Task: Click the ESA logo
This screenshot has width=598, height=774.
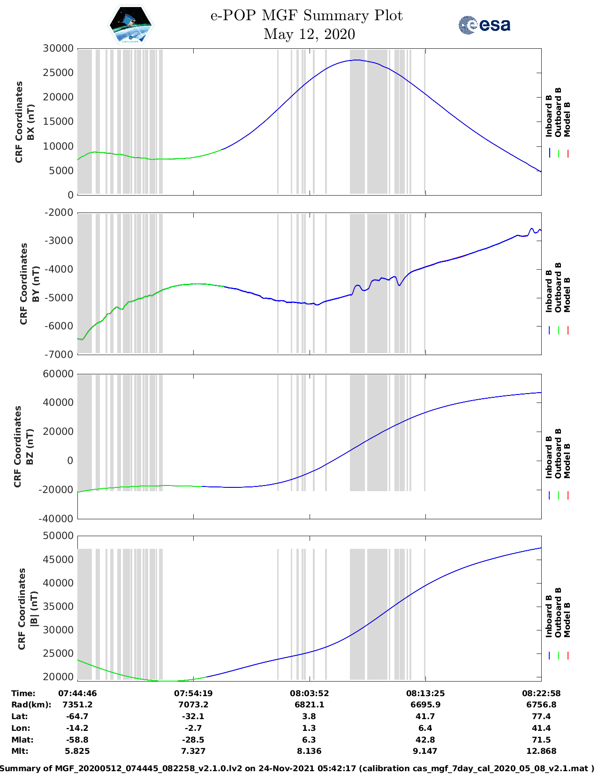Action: [484, 25]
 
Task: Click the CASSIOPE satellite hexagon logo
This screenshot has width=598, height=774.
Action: [130, 25]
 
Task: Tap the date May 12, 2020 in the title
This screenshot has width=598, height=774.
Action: [309, 34]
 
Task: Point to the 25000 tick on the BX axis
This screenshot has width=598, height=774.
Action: [58, 73]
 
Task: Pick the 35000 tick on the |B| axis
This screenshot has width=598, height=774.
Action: [58, 607]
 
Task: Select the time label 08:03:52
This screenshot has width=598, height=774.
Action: [309, 693]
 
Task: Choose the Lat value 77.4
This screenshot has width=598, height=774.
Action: [541, 716]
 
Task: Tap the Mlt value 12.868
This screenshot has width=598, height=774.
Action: [541, 751]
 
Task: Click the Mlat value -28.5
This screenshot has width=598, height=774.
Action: [193, 740]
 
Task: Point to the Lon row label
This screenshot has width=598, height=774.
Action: [20, 728]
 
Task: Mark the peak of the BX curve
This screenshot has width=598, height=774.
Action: [357, 60]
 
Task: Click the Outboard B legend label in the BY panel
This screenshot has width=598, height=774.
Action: [558, 287]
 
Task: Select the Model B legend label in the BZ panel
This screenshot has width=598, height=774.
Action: [567, 461]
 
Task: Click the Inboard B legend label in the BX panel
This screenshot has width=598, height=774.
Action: [549, 116]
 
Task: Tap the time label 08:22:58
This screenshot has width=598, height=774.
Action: [541, 693]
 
